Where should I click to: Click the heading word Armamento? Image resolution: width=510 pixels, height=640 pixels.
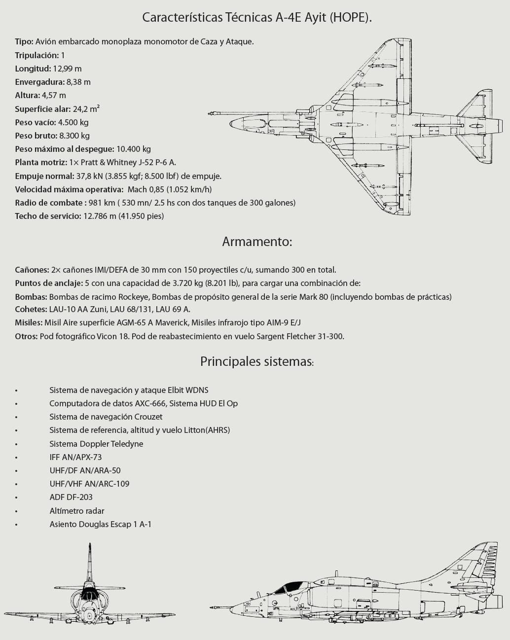point(257,242)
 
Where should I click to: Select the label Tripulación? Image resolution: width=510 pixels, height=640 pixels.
point(37,55)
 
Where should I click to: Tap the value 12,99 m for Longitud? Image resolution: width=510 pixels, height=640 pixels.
point(68,69)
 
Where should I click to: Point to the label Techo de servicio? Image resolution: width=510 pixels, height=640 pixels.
point(47,216)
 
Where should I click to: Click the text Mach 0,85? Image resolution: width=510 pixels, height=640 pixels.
point(146,189)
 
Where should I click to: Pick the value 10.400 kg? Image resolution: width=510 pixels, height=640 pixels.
point(133,149)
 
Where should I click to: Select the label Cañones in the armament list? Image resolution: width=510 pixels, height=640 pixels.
point(32,270)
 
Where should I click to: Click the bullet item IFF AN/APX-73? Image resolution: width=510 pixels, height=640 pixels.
point(75,457)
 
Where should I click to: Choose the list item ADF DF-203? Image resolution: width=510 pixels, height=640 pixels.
point(71,497)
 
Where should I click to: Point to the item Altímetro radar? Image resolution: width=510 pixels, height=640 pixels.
point(77,511)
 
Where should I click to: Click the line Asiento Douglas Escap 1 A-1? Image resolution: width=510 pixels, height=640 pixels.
point(100,524)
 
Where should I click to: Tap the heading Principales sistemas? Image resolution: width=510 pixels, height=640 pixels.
point(256,361)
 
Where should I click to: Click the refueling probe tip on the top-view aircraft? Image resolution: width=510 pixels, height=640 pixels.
point(211,113)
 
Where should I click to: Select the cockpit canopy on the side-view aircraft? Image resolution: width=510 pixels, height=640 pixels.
point(290,587)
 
